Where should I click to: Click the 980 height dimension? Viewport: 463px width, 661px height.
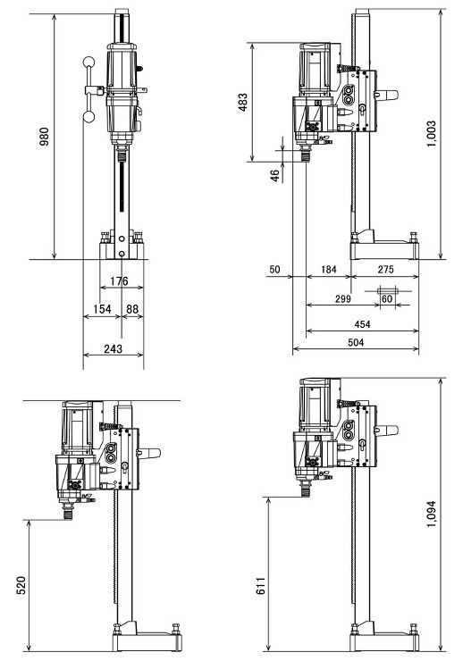[45, 136]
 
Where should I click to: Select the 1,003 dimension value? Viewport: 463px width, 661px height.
[431, 134]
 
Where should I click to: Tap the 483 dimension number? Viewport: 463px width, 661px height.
[243, 102]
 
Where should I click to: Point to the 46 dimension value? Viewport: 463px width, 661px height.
[274, 175]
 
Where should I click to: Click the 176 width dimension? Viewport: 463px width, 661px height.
[119, 281]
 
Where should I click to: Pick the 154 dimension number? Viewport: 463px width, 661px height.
[102, 309]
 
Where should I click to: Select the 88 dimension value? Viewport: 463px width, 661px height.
[132, 309]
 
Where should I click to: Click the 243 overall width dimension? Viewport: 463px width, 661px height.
[113, 348]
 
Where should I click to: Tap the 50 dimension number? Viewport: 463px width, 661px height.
[274, 270]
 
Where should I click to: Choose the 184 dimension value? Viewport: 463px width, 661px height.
[329, 270]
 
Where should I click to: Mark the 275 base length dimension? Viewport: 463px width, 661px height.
[385, 270]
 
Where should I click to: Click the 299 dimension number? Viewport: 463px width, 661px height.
[343, 298]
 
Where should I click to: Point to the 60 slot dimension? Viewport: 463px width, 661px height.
[387, 298]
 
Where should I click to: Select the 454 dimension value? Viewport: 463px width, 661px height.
[362, 324]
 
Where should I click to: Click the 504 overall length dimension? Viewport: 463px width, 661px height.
[356, 342]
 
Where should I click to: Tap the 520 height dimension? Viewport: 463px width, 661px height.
[21, 585]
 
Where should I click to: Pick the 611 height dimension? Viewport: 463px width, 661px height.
[261, 586]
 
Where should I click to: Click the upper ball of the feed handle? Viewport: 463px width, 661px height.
[88, 63]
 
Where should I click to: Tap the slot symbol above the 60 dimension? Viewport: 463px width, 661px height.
[388, 290]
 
